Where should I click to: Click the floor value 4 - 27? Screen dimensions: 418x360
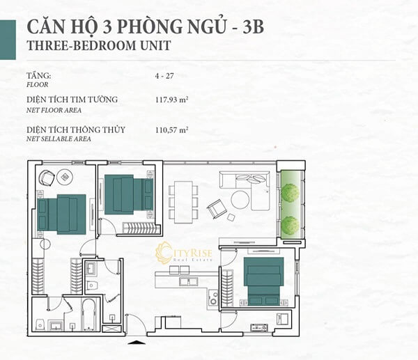[x=164, y=76]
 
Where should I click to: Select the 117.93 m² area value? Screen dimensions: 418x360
[x=172, y=100]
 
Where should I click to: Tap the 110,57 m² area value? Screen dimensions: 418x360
[x=172, y=130]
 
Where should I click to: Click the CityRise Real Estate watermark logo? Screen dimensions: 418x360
[x=184, y=252]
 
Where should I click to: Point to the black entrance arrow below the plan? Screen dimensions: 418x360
[x=137, y=342]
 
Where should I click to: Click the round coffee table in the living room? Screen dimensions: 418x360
[x=240, y=200]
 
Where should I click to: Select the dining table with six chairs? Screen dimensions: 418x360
[x=183, y=202]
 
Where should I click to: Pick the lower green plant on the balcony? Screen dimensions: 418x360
[x=290, y=225]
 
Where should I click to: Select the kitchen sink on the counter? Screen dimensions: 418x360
[x=188, y=281]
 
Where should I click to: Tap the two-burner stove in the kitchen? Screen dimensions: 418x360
[x=213, y=298]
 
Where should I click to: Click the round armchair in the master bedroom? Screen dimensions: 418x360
[x=47, y=178]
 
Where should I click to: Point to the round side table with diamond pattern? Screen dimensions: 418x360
[x=65, y=177]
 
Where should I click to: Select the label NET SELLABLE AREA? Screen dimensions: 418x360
[x=59, y=139]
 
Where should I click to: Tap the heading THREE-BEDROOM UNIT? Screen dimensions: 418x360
[x=99, y=45]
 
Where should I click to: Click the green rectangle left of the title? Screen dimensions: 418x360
[x=8, y=40]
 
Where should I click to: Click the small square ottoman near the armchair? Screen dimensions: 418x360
[x=231, y=217]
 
